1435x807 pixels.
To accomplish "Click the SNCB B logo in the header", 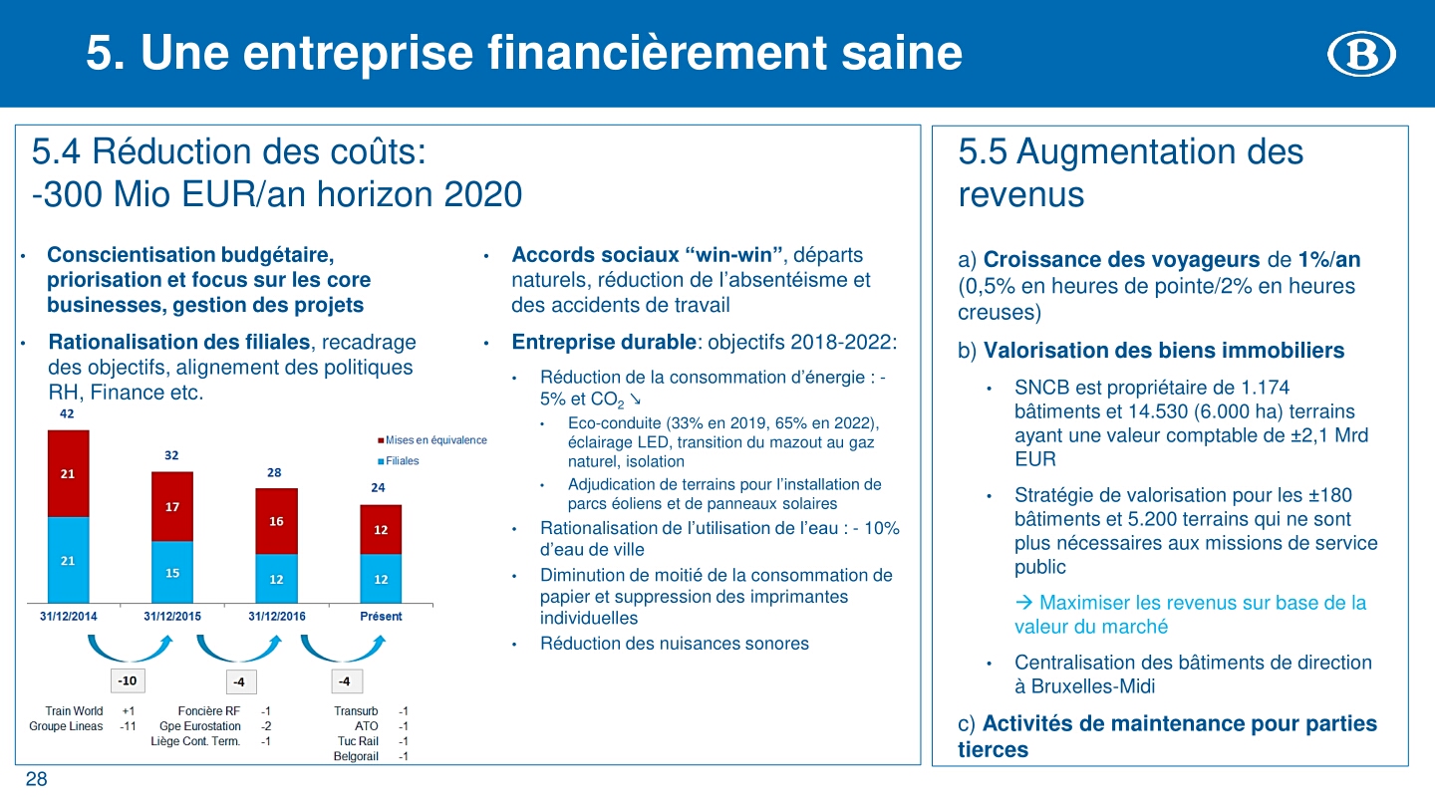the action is (1361, 54).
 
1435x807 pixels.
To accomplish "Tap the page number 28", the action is (37, 779).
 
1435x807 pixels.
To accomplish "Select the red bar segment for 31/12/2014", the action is (69, 473).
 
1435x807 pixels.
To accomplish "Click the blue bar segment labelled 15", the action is (172, 572).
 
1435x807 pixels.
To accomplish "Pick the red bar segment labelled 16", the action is (277, 521).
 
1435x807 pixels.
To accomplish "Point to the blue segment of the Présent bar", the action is (381, 578).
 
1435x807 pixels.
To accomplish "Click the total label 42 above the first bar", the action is (67, 413).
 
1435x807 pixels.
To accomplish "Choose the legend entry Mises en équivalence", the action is (432, 440).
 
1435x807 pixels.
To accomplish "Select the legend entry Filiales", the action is (399, 461).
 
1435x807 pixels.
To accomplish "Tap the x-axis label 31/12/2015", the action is (172, 616).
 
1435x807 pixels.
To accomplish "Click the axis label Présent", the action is (381, 616).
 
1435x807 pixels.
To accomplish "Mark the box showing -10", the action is (128, 680).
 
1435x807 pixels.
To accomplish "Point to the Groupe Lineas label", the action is (66, 726).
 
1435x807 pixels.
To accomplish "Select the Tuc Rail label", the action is (358, 741).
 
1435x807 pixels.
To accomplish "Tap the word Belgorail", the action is (356, 756).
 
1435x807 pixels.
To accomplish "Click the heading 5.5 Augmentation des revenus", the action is (1131, 172).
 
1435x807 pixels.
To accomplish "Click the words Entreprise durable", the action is (604, 342).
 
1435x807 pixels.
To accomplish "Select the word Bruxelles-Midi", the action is (1093, 686).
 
